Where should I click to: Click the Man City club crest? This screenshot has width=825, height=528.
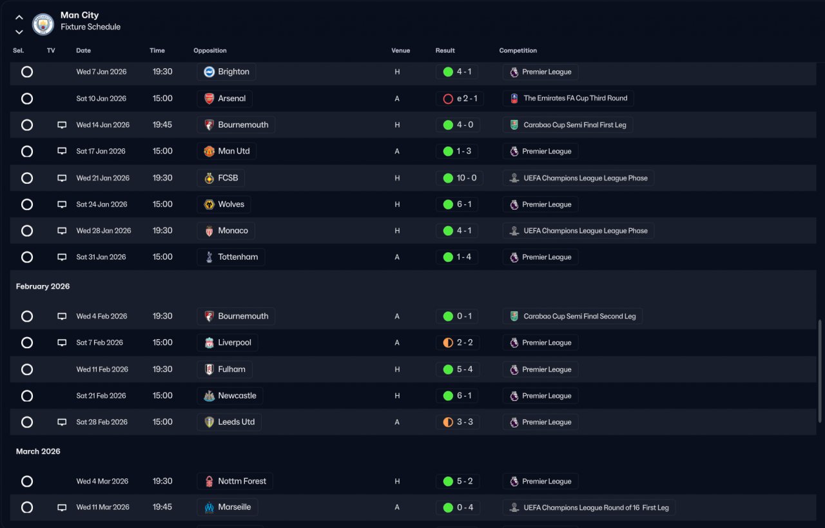[43, 24]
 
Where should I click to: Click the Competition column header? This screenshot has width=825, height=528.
[518, 50]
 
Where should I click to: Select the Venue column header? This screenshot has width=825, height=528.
[400, 50]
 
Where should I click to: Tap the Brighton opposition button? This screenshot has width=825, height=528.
[226, 72]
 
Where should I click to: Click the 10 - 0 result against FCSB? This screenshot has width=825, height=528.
[458, 178]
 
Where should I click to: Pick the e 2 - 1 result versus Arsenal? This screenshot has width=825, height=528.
[460, 99]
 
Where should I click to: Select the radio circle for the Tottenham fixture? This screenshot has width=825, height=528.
[27, 257]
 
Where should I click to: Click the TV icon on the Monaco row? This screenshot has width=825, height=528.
[62, 231]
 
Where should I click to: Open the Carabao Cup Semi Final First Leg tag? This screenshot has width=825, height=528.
[567, 125]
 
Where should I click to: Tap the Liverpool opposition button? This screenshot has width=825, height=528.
[228, 343]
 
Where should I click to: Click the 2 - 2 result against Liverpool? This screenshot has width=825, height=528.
[458, 343]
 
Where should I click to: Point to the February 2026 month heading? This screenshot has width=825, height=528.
[43, 286]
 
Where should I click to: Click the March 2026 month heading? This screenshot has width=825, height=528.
[38, 451]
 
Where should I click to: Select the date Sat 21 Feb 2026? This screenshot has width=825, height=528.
[101, 396]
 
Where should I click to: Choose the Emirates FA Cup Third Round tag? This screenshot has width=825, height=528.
[568, 99]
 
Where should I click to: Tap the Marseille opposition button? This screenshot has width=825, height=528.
[228, 507]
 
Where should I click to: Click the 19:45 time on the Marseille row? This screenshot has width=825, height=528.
[162, 507]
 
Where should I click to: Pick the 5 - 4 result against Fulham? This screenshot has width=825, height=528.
[458, 369]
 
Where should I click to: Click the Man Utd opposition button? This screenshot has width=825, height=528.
[227, 152]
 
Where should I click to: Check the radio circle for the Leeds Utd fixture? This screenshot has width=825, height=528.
[27, 422]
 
